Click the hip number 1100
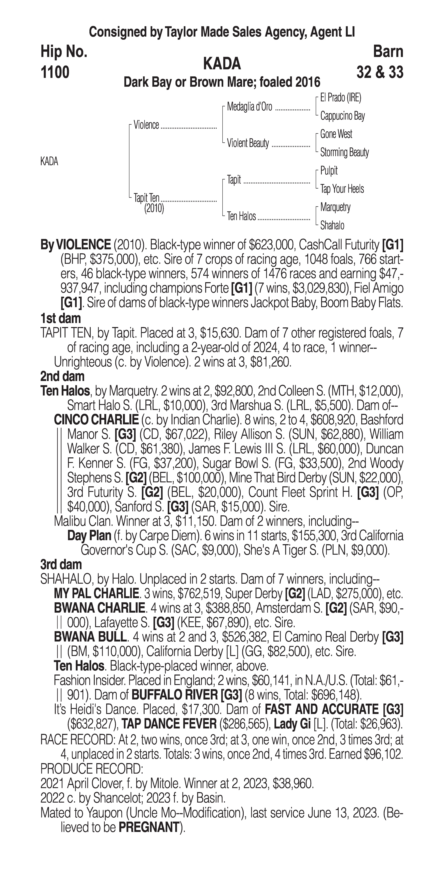55,73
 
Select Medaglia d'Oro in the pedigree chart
249,107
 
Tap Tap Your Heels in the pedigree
342,189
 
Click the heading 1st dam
61,318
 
